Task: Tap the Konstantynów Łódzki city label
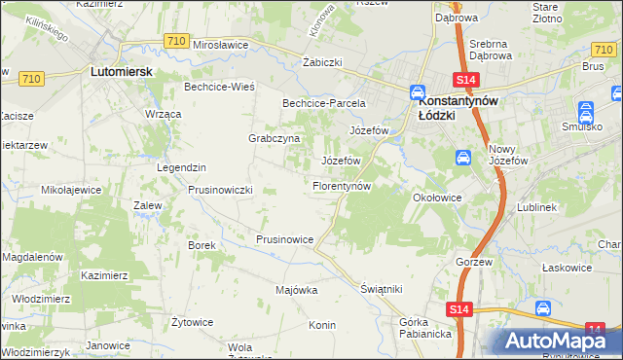click(x=451, y=106)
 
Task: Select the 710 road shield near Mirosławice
click(x=176, y=40)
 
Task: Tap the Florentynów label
click(x=342, y=185)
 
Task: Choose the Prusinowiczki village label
click(x=220, y=190)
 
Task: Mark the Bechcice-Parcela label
click(x=323, y=102)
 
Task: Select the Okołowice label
click(x=437, y=197)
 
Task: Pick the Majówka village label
click(x=297, y=290)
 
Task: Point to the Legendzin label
click(x=182, y=167)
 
